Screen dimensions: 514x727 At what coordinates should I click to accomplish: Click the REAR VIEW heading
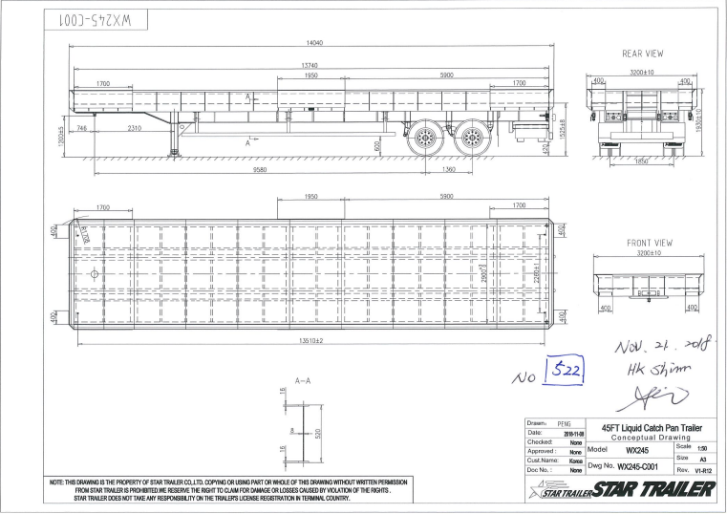642,54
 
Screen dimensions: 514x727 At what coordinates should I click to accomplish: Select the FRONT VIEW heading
649,244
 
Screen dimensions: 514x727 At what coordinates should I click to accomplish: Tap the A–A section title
301,381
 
